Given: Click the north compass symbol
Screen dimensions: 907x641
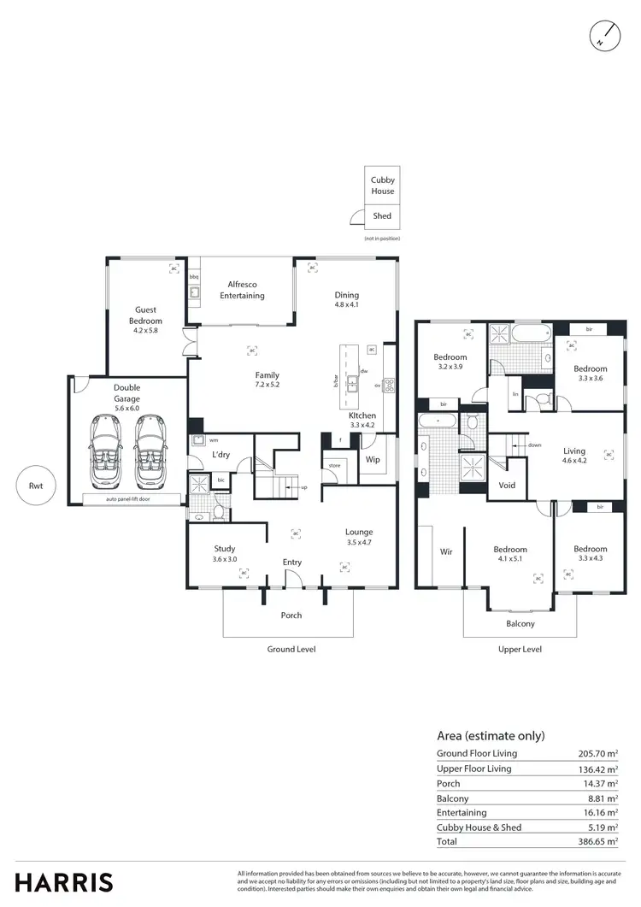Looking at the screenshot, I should pos(604,34).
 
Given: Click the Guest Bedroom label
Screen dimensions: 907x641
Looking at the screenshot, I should pos(145,315).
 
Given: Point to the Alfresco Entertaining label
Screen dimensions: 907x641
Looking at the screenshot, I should pos(242,290).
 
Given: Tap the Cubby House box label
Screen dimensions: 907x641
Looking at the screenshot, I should pos(382,186).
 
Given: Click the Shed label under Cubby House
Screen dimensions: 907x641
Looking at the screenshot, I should pos(382,216).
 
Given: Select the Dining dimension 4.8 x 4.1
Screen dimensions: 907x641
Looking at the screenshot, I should pos(346,304).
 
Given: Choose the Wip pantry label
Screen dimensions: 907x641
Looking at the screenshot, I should pos(373,459).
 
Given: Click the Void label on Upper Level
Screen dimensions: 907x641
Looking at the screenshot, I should pos(507,485).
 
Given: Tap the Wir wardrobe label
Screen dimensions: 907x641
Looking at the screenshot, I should pos(446,552).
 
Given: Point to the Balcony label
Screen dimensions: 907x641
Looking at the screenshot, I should pos(520,623).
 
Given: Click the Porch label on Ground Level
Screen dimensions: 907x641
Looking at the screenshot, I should pos(291,615).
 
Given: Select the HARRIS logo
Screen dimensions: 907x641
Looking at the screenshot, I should pos(64,881).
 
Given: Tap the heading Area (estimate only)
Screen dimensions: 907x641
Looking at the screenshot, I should pos(491,735).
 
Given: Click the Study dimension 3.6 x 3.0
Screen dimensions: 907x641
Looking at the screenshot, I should pos(225,559).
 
